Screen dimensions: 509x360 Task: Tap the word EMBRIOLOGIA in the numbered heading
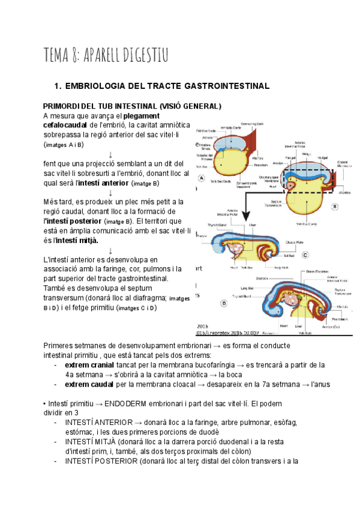click(x=100, y=86)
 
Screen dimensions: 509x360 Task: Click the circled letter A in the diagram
click(x=202, y=178)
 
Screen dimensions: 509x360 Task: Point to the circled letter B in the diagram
click(x=335, y=205)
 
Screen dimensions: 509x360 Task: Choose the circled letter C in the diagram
click(x=305, y=254)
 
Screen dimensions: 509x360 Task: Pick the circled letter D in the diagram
click(x=223, y=304)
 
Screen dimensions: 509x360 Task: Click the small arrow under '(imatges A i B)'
click(x=111, y=155)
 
